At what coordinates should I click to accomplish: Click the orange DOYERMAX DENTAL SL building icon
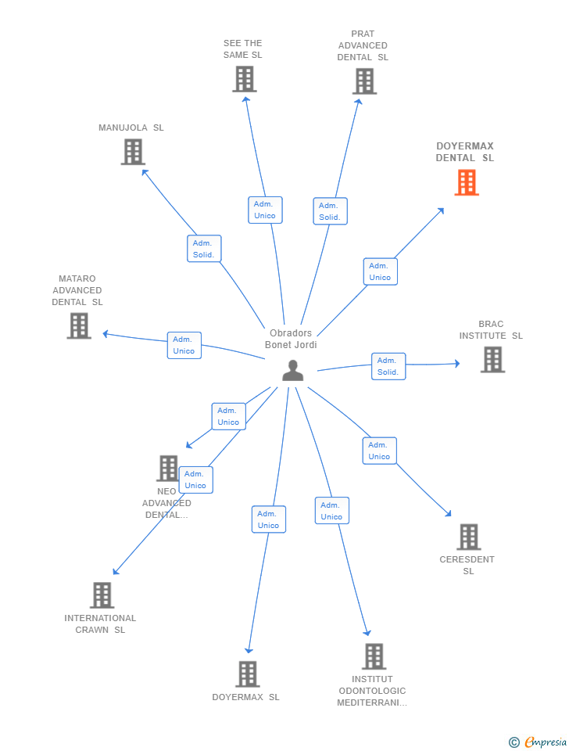click(x=467, y=182)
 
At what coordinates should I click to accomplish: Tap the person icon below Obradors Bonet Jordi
click(x=293, y=371)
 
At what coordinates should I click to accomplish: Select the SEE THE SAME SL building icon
click(x=245, y=79)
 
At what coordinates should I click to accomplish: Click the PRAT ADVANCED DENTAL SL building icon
click(x=365, y=81)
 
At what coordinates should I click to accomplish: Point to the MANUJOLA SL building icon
click(x=133, y=152)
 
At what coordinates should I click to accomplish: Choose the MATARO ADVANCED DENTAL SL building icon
click(x=79, y=325)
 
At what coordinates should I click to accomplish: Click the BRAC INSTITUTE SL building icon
click(x=493, y=360)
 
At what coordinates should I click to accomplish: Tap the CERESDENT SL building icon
click(x=468, y=537)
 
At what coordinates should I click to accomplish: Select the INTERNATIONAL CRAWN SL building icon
click(x=102, y=595)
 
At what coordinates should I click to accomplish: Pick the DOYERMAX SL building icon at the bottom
click(x=248, y=674)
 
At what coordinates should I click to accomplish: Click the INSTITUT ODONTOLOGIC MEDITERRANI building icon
click(x=374, y=656)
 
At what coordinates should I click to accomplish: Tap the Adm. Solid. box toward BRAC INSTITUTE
click(x=388, y=366)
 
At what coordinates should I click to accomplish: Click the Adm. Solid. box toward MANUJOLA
click(x=204, y=249)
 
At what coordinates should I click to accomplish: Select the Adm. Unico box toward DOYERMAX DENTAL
click(x=381, y=271)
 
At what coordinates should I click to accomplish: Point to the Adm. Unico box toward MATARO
click(x=184, y=345)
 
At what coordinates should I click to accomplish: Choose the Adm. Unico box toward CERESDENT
click(x=380, y=451)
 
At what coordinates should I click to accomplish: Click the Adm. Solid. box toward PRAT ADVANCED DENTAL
click(x=330, y=211)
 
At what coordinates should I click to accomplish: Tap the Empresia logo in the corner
click(x=538, y=742)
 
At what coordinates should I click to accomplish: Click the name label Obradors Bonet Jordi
click(x=291, y=339)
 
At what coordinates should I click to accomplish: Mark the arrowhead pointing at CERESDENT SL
click(x=448, y=513)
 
